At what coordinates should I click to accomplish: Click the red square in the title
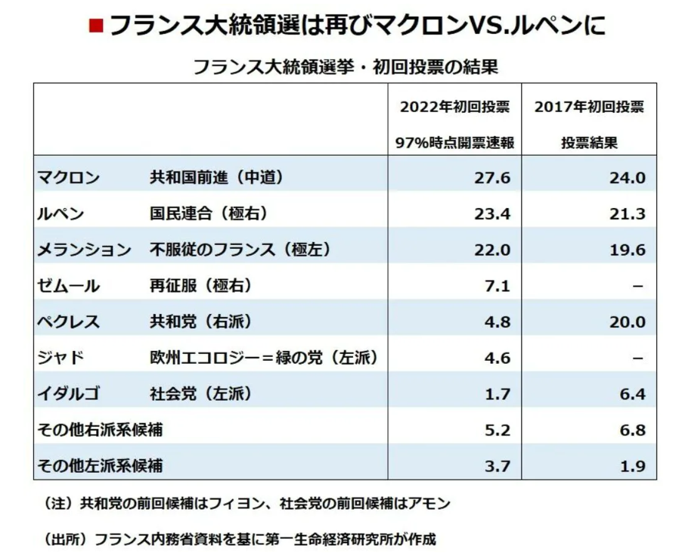pyautogui.click(x=95, y=26)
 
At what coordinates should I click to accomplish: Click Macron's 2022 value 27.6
pyautogui.click(x=492, y=178)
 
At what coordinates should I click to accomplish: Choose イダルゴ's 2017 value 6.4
pyautogui.click(x=631, y=394)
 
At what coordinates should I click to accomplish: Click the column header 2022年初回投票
pyautogui.click(x=455, y=107)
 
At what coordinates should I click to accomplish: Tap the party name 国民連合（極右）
pyautogui.click(x=208, y=214)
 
